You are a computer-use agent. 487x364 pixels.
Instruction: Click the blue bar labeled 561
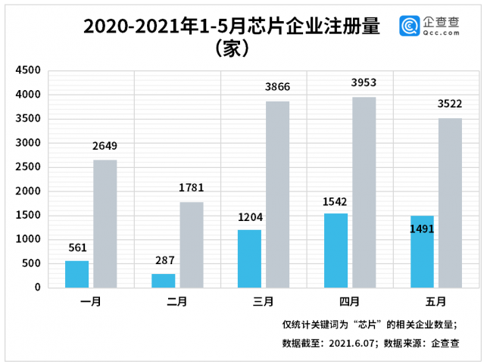[76, 274]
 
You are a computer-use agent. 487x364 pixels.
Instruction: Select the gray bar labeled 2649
[105, 223]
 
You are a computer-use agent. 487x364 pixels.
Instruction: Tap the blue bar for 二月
[163, 280]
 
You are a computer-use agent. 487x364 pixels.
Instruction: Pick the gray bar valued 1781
[192, 244]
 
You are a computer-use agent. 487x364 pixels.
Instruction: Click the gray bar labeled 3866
[278, 194]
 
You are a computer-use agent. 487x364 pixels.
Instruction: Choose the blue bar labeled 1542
[336, 250]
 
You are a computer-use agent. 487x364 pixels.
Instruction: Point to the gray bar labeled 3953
[364, 192]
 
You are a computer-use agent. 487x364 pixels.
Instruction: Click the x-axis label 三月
[264, 302]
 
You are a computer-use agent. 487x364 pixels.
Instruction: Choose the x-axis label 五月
[435, 302]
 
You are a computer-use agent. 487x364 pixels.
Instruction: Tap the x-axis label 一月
[91, 302]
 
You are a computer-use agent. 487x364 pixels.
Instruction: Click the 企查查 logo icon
[411, 26]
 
